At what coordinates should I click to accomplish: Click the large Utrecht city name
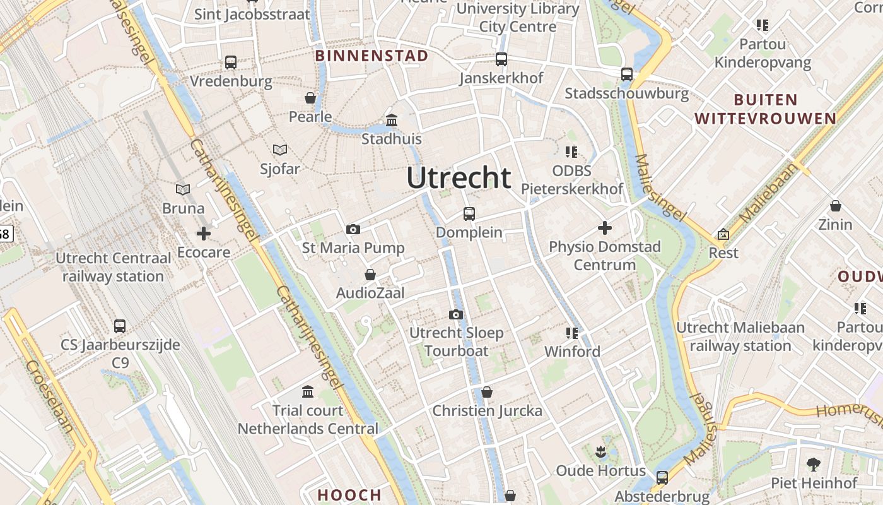pyautogui.click(x=459, y=178)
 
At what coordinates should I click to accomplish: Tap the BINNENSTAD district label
pyautogui.click(x=371, y=56)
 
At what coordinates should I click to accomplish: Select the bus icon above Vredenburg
pyautogui.click(x=231, y=62)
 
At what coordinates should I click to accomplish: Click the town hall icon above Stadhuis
pyautogui.click(x=392, y=120)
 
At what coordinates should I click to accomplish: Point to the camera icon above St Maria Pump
pyautogui.click(x=353, y=229)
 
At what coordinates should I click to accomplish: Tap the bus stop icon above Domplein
pyautogui.click(x=469, y=213)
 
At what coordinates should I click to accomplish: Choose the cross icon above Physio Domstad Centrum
pyautogui.click(x=605, y=227)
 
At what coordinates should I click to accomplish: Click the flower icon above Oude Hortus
pyautogui.click(x=600, y=452)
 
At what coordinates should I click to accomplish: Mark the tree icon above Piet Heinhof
pyautogui.click(x=814, y=465)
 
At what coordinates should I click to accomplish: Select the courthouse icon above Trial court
pyautogui.click(x=308, y=392)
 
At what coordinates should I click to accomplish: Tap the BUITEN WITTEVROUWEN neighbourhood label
pyautogui.click(x=766, y=109)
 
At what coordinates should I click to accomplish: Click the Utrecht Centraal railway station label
pyautogui.click(x=114, y=267)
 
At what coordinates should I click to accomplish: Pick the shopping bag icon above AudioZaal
pyautogui.click(x=370, y=275)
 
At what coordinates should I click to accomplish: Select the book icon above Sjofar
pyautogui.click(x=280, y=150)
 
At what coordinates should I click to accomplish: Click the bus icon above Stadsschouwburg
pyautogui.click(x=626, y=74)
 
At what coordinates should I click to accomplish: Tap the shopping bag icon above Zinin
pyautogui.click(x=836, y=206)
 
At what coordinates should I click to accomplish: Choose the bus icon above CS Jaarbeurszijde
pyautogui.click(x=120, y=326)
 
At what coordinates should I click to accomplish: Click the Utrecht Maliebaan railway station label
pyautogui.click(x=740, y=336)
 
